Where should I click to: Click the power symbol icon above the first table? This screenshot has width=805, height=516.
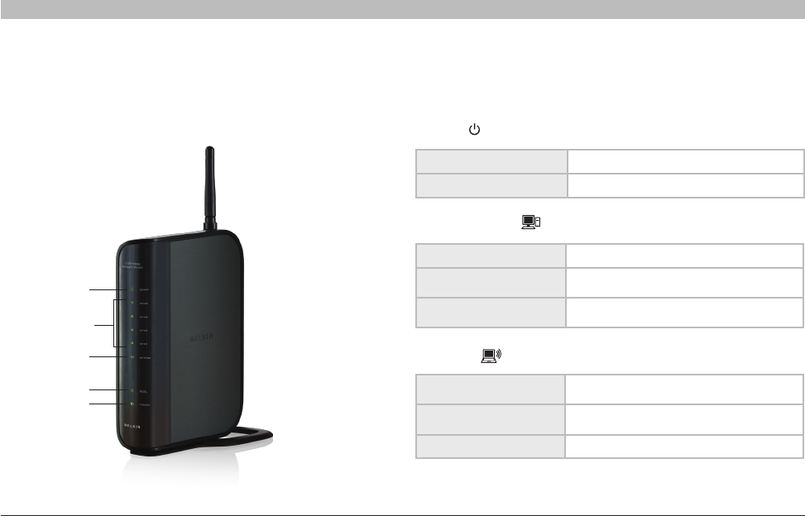[474, 130]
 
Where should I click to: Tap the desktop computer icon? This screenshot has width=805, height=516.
[531, 222]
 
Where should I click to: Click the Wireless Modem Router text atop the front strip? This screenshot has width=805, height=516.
[135, 265]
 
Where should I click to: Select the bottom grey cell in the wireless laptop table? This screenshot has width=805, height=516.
[491, 447]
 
